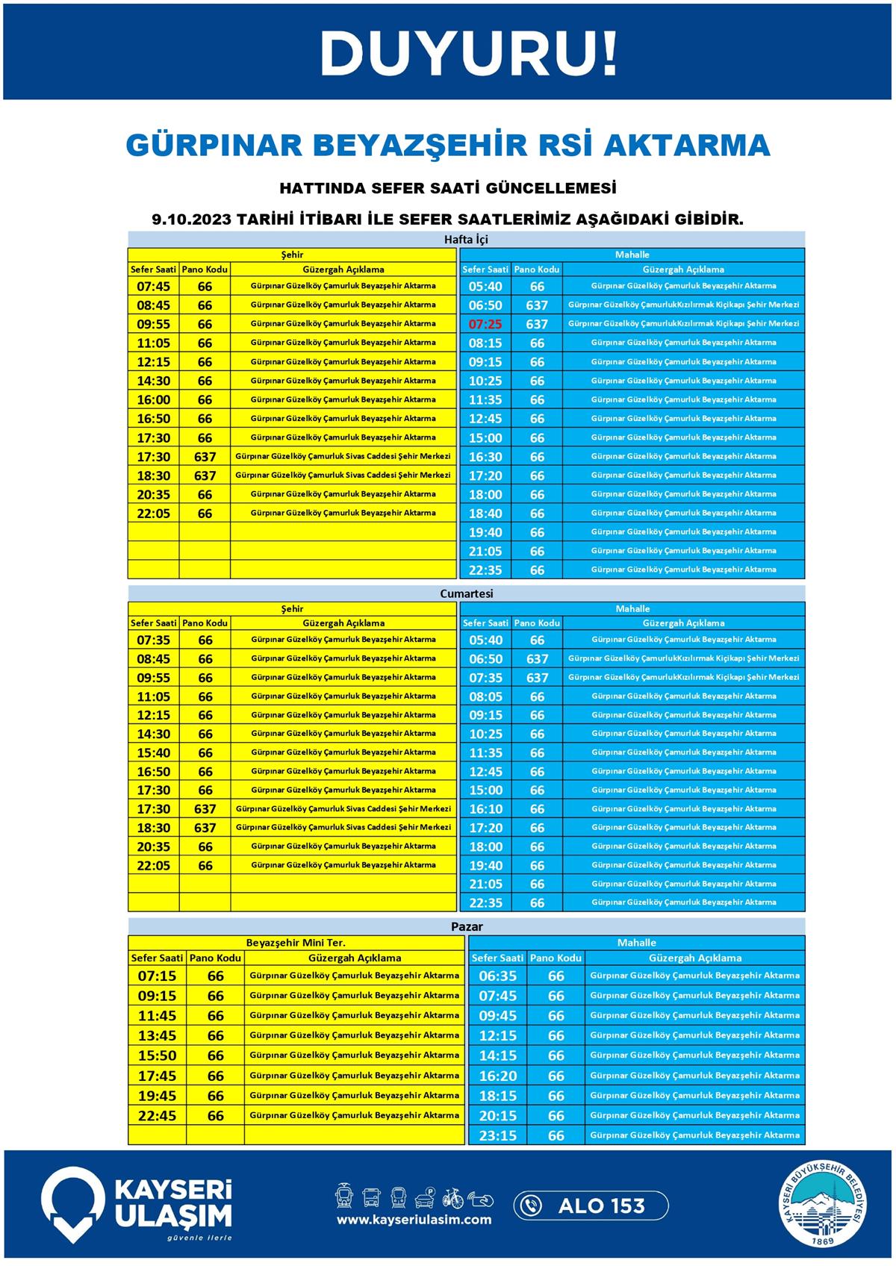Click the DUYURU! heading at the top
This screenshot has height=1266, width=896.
click(x=469, y=54)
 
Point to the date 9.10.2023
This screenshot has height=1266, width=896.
click(x=190, y=219)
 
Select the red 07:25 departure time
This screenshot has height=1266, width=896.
click(x=485, y=324)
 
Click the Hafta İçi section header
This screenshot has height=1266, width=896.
click(x=466, y=240)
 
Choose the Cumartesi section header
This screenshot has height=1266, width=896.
click(x=466, y=593)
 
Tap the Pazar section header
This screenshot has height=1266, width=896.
click(x=467, y=926)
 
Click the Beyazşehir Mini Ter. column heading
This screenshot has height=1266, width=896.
click(x=296, y=943)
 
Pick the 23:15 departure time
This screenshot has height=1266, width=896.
click(x=498, y=1135)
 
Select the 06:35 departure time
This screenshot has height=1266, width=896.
click(x=498, y=976)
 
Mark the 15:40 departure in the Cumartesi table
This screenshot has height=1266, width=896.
click(x=154, y=752)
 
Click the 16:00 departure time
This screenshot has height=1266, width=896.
click(x=154, y=399)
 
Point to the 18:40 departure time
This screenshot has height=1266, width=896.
click(x=485, y=514)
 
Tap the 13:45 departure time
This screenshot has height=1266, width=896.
click(x=157, y=1035)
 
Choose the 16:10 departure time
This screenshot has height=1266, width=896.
click(x=485, y=809)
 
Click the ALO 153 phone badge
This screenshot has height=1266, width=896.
click(x=591, y=1206)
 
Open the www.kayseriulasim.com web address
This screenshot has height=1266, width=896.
click(x=414, y=1220)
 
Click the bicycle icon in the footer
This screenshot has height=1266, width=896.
click(x=453, y=1197)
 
